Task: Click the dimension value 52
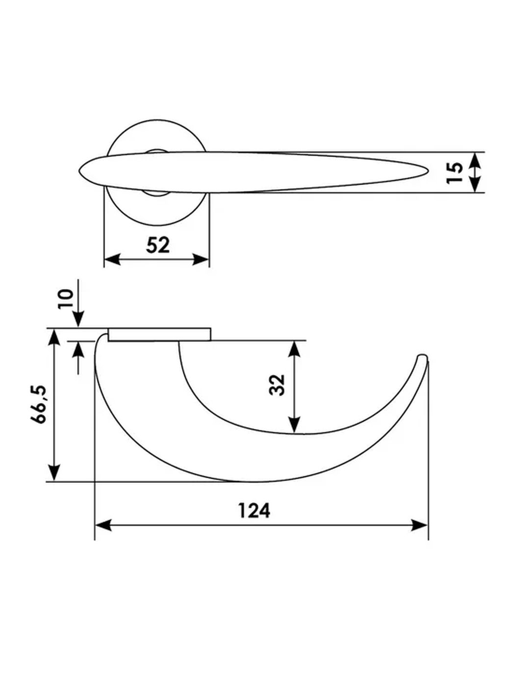click(158, 245)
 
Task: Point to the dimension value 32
click(277, 385)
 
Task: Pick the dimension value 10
click(65, 299)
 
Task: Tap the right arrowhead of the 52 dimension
click(201, 259)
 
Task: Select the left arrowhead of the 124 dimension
click(103, 525)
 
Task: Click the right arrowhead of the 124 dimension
click(419, 525)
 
